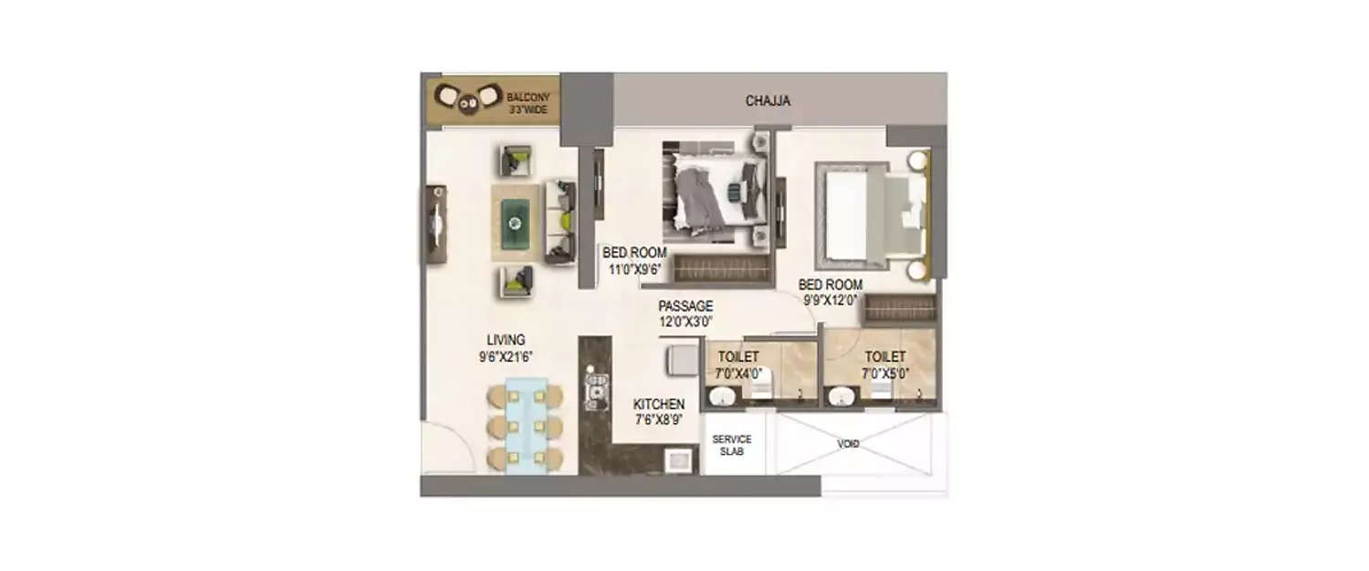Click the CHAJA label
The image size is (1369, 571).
[x=768, y=100]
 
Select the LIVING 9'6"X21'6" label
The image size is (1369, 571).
[x=505, y=348]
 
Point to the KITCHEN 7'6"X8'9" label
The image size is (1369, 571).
[x=659, y=411]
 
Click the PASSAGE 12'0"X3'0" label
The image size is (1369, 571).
[x=685, y=313]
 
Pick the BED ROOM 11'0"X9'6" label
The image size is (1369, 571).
[x=634, y=260]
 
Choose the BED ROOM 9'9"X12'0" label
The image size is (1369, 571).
[x=830, y=291]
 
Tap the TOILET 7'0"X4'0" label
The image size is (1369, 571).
[x=738, y=364]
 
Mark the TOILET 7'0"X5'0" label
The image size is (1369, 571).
[x=884, y=364]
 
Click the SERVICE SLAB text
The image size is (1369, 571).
[x=731, y=446]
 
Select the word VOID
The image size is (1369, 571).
[x=848, y=444]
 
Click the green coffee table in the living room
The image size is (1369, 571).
[x=514, y=222]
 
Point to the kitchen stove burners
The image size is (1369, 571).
[x=596, y=388]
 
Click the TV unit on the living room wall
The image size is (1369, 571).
[x=435, y=224]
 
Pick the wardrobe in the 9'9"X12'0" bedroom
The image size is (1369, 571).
[x=900, y=309]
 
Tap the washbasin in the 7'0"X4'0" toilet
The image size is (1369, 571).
[x=723, y=397]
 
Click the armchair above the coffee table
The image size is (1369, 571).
[x=516, y=161]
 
